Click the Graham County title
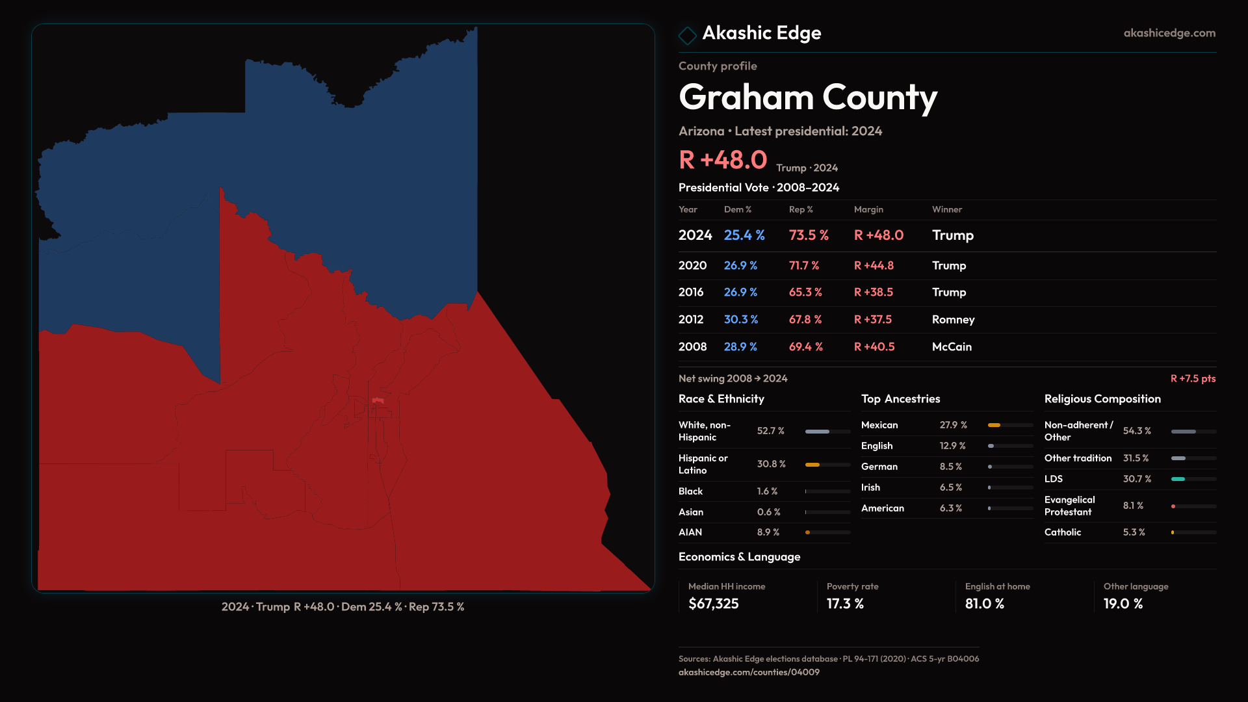tap(807, 97)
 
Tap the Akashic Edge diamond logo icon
tap(687, 35)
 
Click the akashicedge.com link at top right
tap(1169, 33)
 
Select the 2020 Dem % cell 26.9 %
tap(740, 266)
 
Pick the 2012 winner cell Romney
tap(953, 320)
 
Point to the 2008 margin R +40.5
tap(874, 347)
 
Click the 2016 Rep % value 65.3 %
tap(805, 292)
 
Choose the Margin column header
tap(868, 209)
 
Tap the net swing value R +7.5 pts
tap(1192, 378)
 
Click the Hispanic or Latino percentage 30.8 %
tap(771, 464)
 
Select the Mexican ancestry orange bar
tap(994, 425)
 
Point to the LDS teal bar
tap(1178, 479)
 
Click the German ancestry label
tap(879, 467)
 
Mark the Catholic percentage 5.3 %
tap(1134, 532)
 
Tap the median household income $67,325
tap(713, 604)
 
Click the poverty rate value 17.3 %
tap(845, 604)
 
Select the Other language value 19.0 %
tap(1123, 604)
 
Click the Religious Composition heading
tap(1102, 399)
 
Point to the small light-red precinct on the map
tap(378, 400)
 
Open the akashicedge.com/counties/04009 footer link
tap(749, 672)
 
